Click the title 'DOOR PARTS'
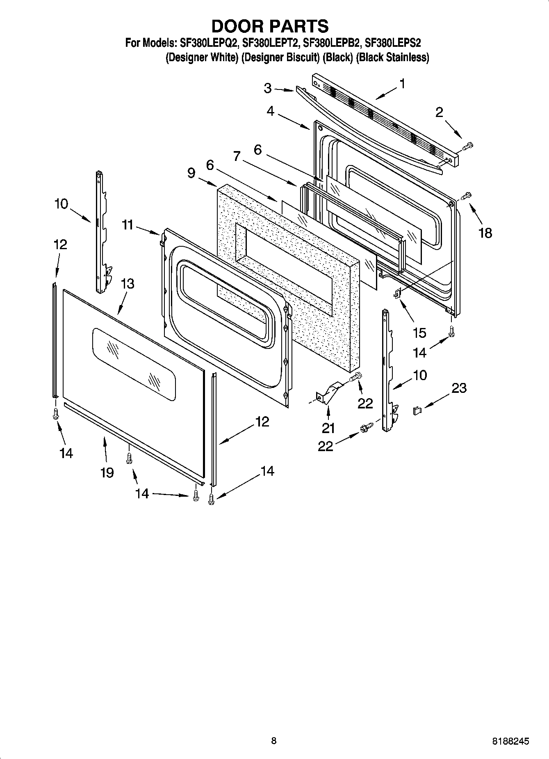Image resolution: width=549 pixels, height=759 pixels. click(x=270, y=26)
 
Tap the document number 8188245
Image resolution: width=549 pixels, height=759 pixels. click(x=510, y=741)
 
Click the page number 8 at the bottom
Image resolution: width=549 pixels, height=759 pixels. click(x=274, y=741)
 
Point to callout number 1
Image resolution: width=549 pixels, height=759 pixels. click(x=402, y=84)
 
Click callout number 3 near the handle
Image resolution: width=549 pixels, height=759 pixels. click(x=267, y=88)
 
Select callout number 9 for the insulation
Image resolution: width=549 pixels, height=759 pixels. click(x=191, y=173)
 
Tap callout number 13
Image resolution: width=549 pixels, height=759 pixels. click(x=128, y=284)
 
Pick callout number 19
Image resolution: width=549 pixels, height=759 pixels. click(x=107, y=473)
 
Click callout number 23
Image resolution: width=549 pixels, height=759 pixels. click(x=459, y=388)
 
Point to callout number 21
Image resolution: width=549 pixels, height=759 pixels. click(x=328, y=428)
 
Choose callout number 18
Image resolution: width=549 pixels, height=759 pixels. click(x=485, y=233)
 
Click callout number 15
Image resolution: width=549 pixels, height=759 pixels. click(x=419, y=332)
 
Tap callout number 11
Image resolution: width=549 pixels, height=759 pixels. click(x=128, y=225)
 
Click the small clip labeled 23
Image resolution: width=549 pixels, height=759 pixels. click(x=417, y=410)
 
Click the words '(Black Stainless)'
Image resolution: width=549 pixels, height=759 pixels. click(x=392, y=57)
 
